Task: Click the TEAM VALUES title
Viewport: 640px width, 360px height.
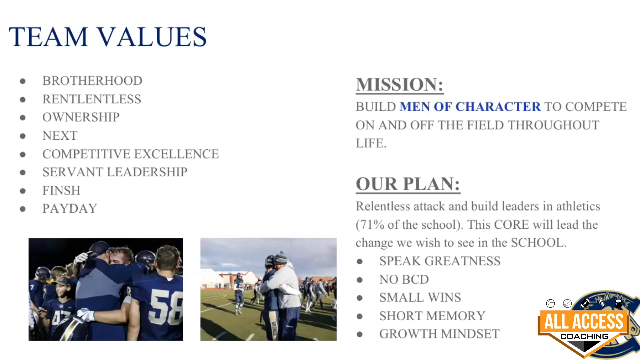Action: point(108,37)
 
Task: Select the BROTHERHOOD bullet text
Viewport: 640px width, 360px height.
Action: point(92,81)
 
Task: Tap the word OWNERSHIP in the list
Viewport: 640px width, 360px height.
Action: point(81,117)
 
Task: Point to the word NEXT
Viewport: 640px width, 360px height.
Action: point(60,135)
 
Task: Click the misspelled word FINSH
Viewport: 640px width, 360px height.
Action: point(61,190)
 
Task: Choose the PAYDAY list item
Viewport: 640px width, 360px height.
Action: point(70,208)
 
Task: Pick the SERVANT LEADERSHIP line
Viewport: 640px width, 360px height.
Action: point(115,172)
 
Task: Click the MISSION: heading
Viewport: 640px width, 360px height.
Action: point(400,84)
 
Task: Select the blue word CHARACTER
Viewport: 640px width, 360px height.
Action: point(498,107)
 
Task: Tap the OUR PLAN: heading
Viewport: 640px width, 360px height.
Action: point(408,184)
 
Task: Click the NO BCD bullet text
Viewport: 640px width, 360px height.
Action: point(404,279)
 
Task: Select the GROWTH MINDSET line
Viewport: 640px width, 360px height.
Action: point(439,334)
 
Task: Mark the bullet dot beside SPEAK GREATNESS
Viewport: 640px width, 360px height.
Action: point(360,262)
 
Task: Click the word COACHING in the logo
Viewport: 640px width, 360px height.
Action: point(584,336)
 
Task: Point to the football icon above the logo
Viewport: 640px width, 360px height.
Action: point(585,303)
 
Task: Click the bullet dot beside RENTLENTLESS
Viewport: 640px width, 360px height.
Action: point(23,99)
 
